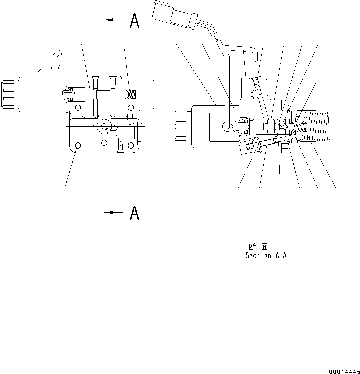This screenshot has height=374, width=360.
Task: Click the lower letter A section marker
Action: (x=134, y=213)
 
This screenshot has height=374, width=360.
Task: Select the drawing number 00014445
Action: (x=345, y=371)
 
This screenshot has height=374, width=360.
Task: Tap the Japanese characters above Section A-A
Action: (x=258, y=247)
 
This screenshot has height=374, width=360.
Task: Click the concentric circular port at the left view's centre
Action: (x=104, y=126)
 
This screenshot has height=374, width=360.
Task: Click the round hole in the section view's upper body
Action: (x=255, y=95)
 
